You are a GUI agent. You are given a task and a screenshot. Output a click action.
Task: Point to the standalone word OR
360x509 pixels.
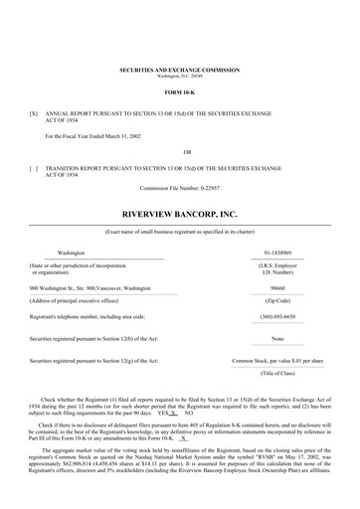click(x=179, y=152)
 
